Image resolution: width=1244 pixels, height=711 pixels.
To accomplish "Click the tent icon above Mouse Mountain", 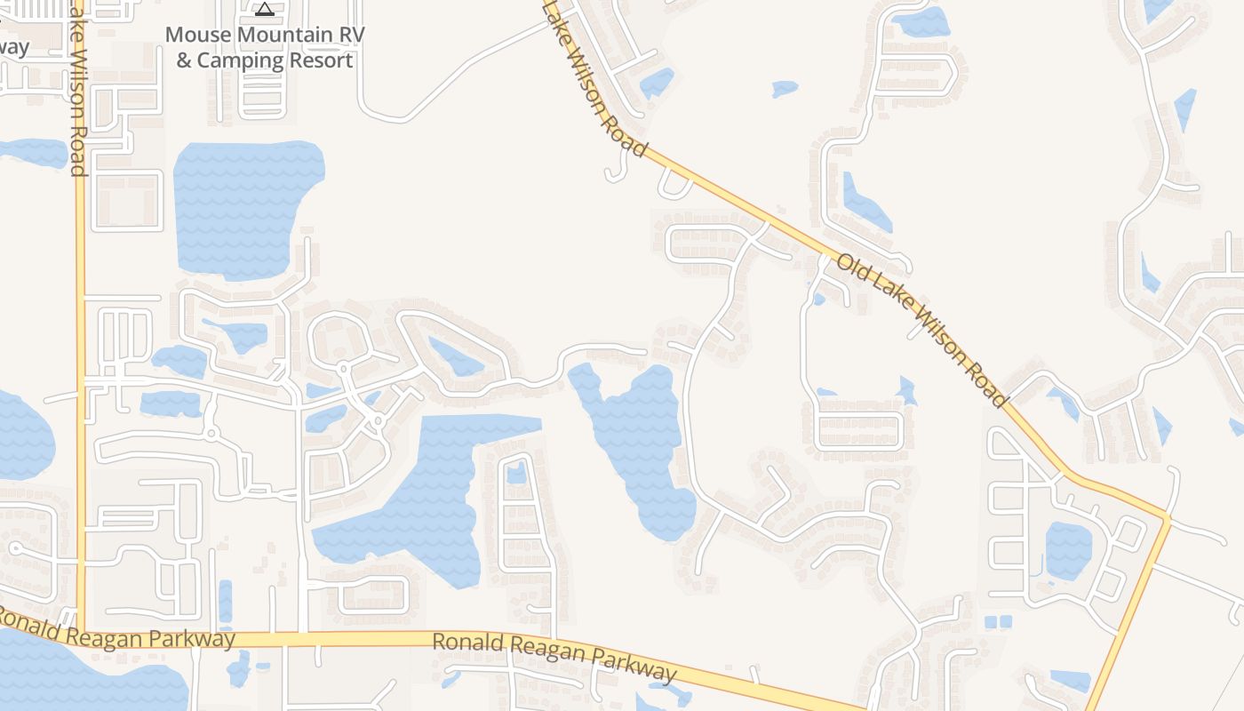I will click(264, 10).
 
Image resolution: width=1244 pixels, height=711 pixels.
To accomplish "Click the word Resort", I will click(322, 60).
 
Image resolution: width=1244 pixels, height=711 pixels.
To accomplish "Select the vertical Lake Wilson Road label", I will click(77, 89).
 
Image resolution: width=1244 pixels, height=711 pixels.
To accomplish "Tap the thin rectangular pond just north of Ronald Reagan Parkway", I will click(225, 601).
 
